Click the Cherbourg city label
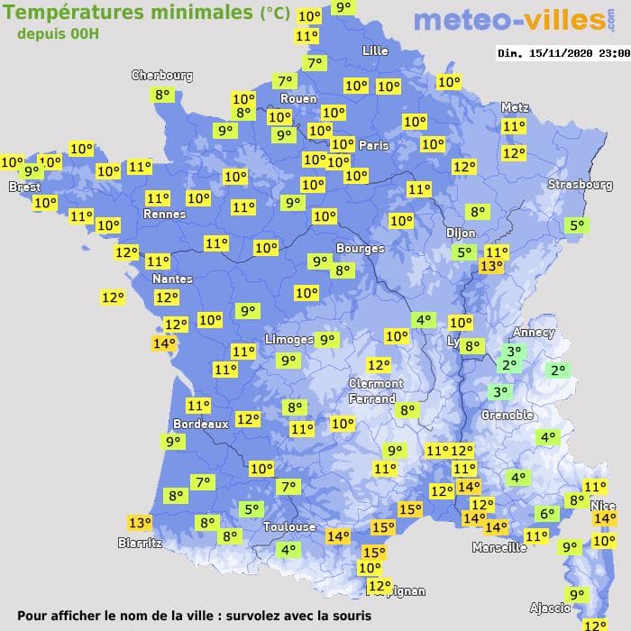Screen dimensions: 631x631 click(162, 76)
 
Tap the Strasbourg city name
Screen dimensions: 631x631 click(580, 185)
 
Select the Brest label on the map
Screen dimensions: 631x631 click(25, 187)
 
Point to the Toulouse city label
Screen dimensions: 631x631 click(289, 526)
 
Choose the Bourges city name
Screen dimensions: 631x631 click(360, 248)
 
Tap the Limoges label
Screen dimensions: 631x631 click(289, 339)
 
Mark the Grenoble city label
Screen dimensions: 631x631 click(508, 415)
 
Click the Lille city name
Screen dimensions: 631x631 click(375, 50)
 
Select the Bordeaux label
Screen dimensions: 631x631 click(200, 424)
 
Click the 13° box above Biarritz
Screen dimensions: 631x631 click(140, 523)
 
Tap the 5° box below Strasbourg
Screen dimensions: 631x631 click(576, 225)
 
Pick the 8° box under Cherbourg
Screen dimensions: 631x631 click(162, 95)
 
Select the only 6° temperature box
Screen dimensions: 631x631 click(546, 514)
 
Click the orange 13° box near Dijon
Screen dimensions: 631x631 click(491, 266)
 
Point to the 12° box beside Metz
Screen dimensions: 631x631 click(514, 153)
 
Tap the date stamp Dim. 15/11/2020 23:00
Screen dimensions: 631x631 click(563, 53)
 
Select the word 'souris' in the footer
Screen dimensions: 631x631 click(350, 617)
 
